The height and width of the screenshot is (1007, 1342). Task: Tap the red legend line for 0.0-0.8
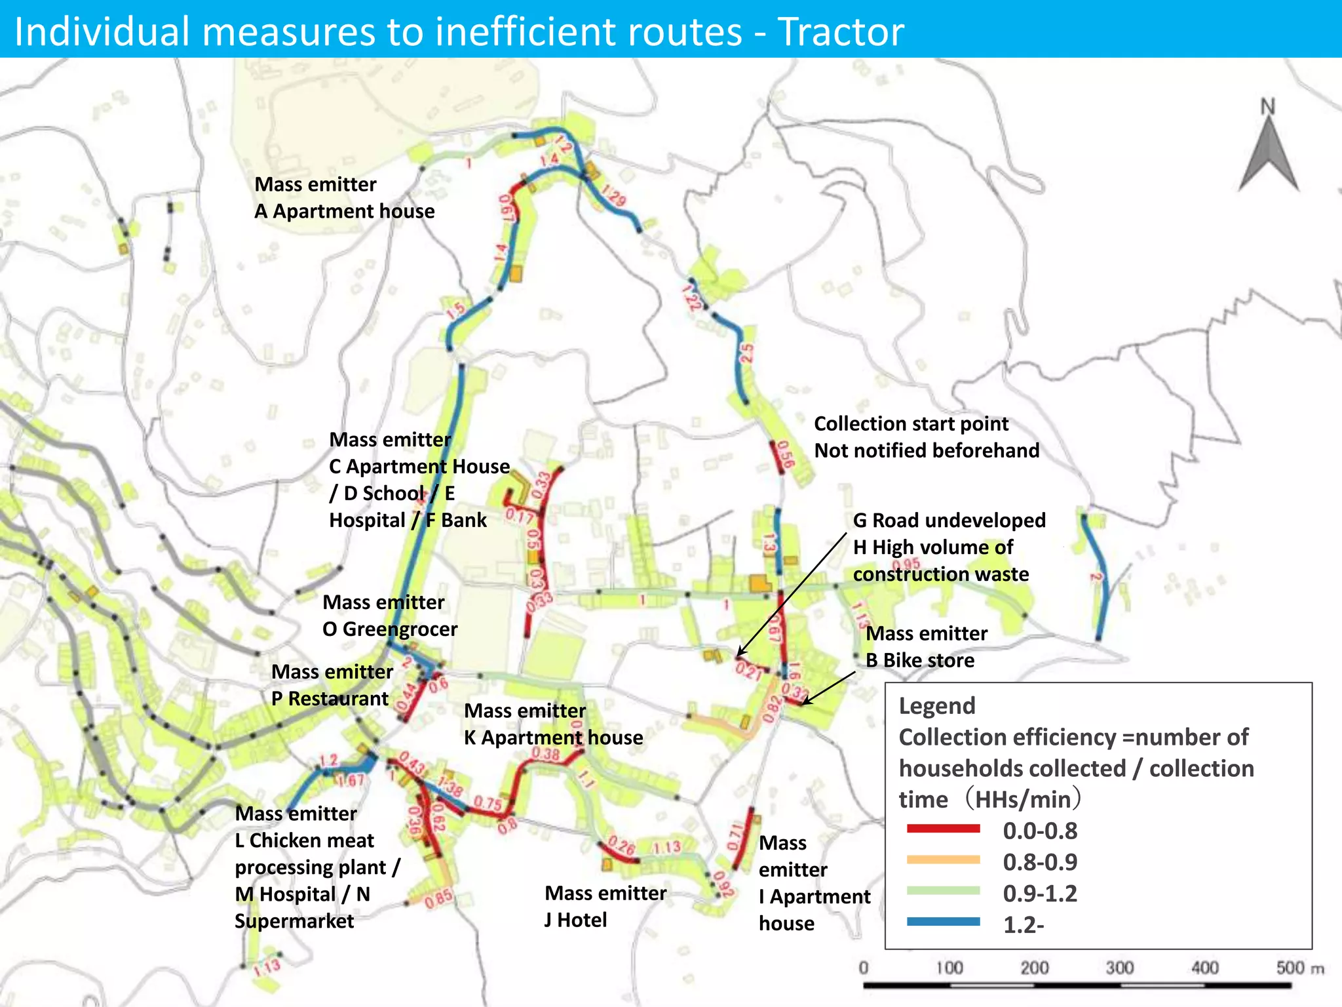pos(944,829)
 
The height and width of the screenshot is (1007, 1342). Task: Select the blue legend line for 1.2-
pos(944,922)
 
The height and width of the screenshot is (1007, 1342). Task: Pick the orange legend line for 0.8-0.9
pos(944,860)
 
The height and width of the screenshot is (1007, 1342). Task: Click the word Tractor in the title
pos(841,31)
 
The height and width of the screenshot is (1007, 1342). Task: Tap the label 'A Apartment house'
pos(344,211)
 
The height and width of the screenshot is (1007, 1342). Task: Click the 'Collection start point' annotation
pos(911,424)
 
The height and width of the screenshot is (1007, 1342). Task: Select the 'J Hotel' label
pos(575,920)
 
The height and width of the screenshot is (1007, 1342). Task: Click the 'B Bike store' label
pos(919,660)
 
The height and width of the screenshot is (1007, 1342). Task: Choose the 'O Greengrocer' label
pos(390,629)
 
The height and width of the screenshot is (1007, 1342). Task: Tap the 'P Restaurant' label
pos(330,699)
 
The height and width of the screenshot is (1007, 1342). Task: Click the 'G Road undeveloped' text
pos(949,521)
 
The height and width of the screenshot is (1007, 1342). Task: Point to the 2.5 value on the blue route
pos(746,354)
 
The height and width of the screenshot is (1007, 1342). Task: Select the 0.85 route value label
pos(438,898)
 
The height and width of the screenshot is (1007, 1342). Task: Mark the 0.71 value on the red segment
pos(735,837)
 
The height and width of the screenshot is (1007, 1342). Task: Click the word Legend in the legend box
pos(936,706)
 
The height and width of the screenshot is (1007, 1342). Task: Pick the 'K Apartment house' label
pos(553,738)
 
